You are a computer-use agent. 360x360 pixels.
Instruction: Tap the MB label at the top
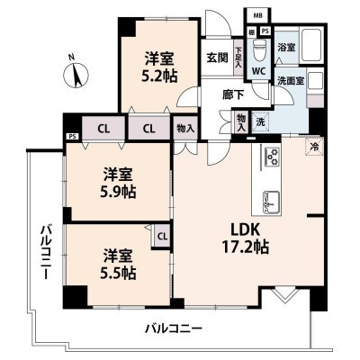(258, 16)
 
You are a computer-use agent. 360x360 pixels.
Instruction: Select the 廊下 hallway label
(234, 93)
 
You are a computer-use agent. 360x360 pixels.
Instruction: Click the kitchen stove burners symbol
(272, 157)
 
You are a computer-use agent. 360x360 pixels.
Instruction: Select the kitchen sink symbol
(272, 198)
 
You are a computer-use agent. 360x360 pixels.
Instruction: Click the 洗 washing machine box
(259, 121)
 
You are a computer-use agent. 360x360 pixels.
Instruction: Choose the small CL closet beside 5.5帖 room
(162, 237)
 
